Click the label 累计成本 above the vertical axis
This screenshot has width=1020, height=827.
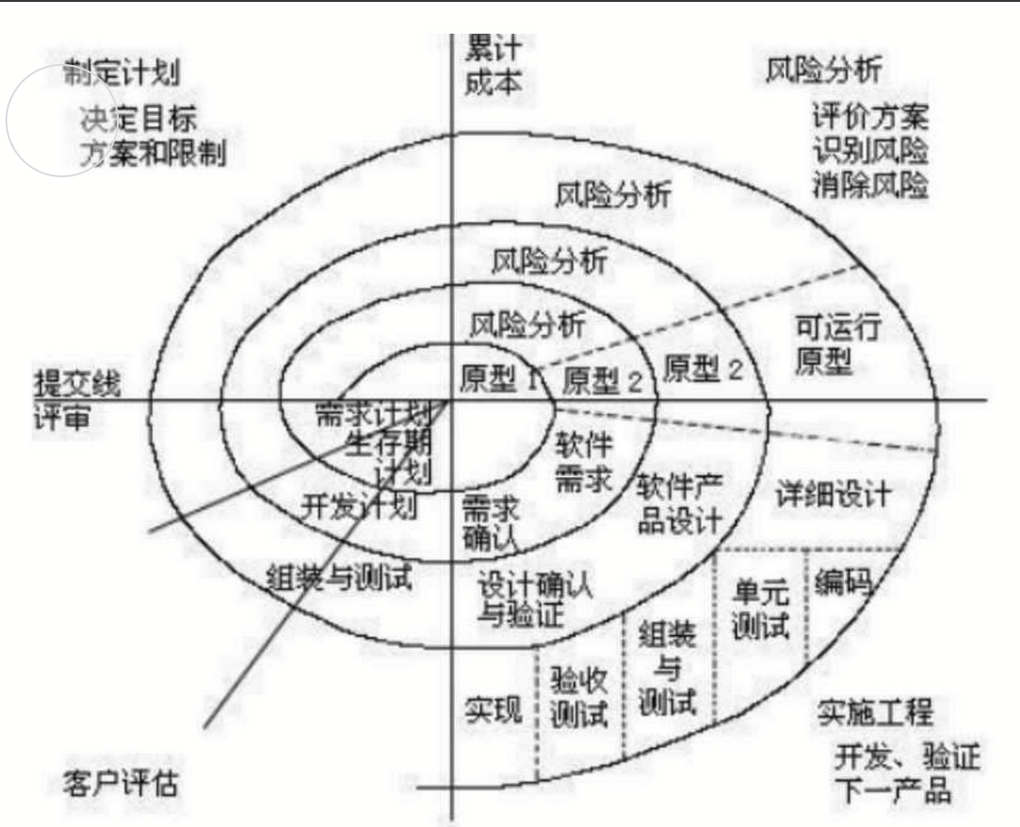(x=494, y=64)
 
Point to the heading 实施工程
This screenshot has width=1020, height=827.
(x=876, y=714)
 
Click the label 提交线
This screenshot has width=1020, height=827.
(x=78, y=382)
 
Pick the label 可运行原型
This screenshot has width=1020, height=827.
(x=824, y=345)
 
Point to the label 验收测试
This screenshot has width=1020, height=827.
(x=579, y=696)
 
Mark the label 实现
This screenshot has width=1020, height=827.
(x=493, y=710)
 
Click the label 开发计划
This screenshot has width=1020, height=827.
(x=358, y=505)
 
